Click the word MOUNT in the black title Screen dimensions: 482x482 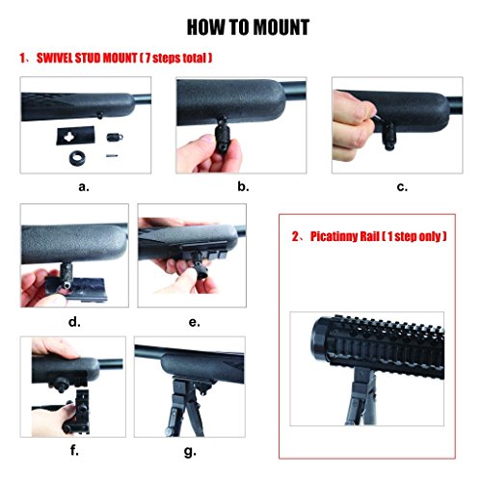(281, 27)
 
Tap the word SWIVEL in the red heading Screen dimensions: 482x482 (55, 58)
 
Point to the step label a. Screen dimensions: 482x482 (84, 187)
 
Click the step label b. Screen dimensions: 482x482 (243, 186)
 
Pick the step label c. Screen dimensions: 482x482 (402, 187)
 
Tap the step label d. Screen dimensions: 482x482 (74, 322)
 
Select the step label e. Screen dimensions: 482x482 (194, 322)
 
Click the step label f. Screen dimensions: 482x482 (74, 450)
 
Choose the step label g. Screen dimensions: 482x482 (190, 452)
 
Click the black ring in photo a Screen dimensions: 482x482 (77, 158)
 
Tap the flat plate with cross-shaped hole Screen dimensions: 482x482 (76, 136)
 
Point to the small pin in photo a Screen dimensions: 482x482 (112, 156)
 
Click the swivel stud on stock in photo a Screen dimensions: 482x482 (100, 116)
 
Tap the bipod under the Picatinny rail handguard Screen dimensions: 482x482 (361, 397)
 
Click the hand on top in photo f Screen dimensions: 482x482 (54, 348)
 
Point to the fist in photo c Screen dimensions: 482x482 (353, 125)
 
